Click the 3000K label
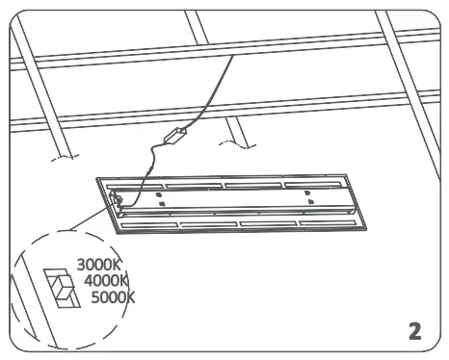(x=98, y=262)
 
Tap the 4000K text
(x=107, y=279)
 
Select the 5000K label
(x=114, y=296)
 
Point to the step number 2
(x=414, y=331)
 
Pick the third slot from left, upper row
(x=252, y=183)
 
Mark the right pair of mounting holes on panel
(x=309, y=195)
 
